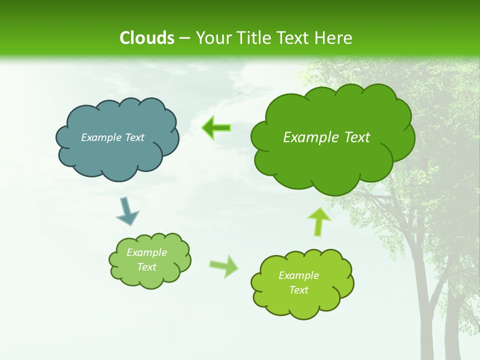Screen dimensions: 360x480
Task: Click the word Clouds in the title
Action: [146, 38]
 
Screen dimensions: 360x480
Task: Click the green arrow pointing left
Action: [216, 128]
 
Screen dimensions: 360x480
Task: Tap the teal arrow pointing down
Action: [127, 211]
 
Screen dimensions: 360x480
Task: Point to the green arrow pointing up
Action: [318, 221]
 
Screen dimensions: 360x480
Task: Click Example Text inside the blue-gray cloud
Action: [112, 137]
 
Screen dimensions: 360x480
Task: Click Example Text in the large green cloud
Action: [326, 137]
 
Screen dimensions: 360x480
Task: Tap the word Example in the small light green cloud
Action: [146, 252]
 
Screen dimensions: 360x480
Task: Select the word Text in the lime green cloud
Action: [298, 290]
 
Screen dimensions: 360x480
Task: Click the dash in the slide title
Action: [184, 38]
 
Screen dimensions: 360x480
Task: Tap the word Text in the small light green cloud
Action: [146, 267]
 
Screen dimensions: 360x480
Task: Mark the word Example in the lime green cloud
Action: [298, 275]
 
